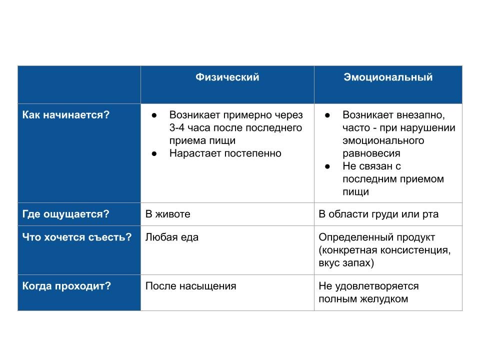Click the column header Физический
click(x=227, y=77)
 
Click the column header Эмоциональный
click(x=388, y=77)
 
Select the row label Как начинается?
click(x=65, y=115)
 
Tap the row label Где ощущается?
click(x=65, y=214)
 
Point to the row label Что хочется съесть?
click(x=77, y=237)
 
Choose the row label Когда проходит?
click(x=66, y=286)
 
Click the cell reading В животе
click(x=167, y=214)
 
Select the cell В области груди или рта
click(x=378, y=214)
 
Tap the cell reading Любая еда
click(x=171, y=237)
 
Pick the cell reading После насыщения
click(x=190, y=286)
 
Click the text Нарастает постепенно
click(x=225, y=153)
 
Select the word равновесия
click(x=371, y=153)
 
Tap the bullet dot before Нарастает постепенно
click(x=154, y=153)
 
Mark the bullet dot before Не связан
click(x=328, y=166)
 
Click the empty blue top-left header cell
click(x=79, y=84)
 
